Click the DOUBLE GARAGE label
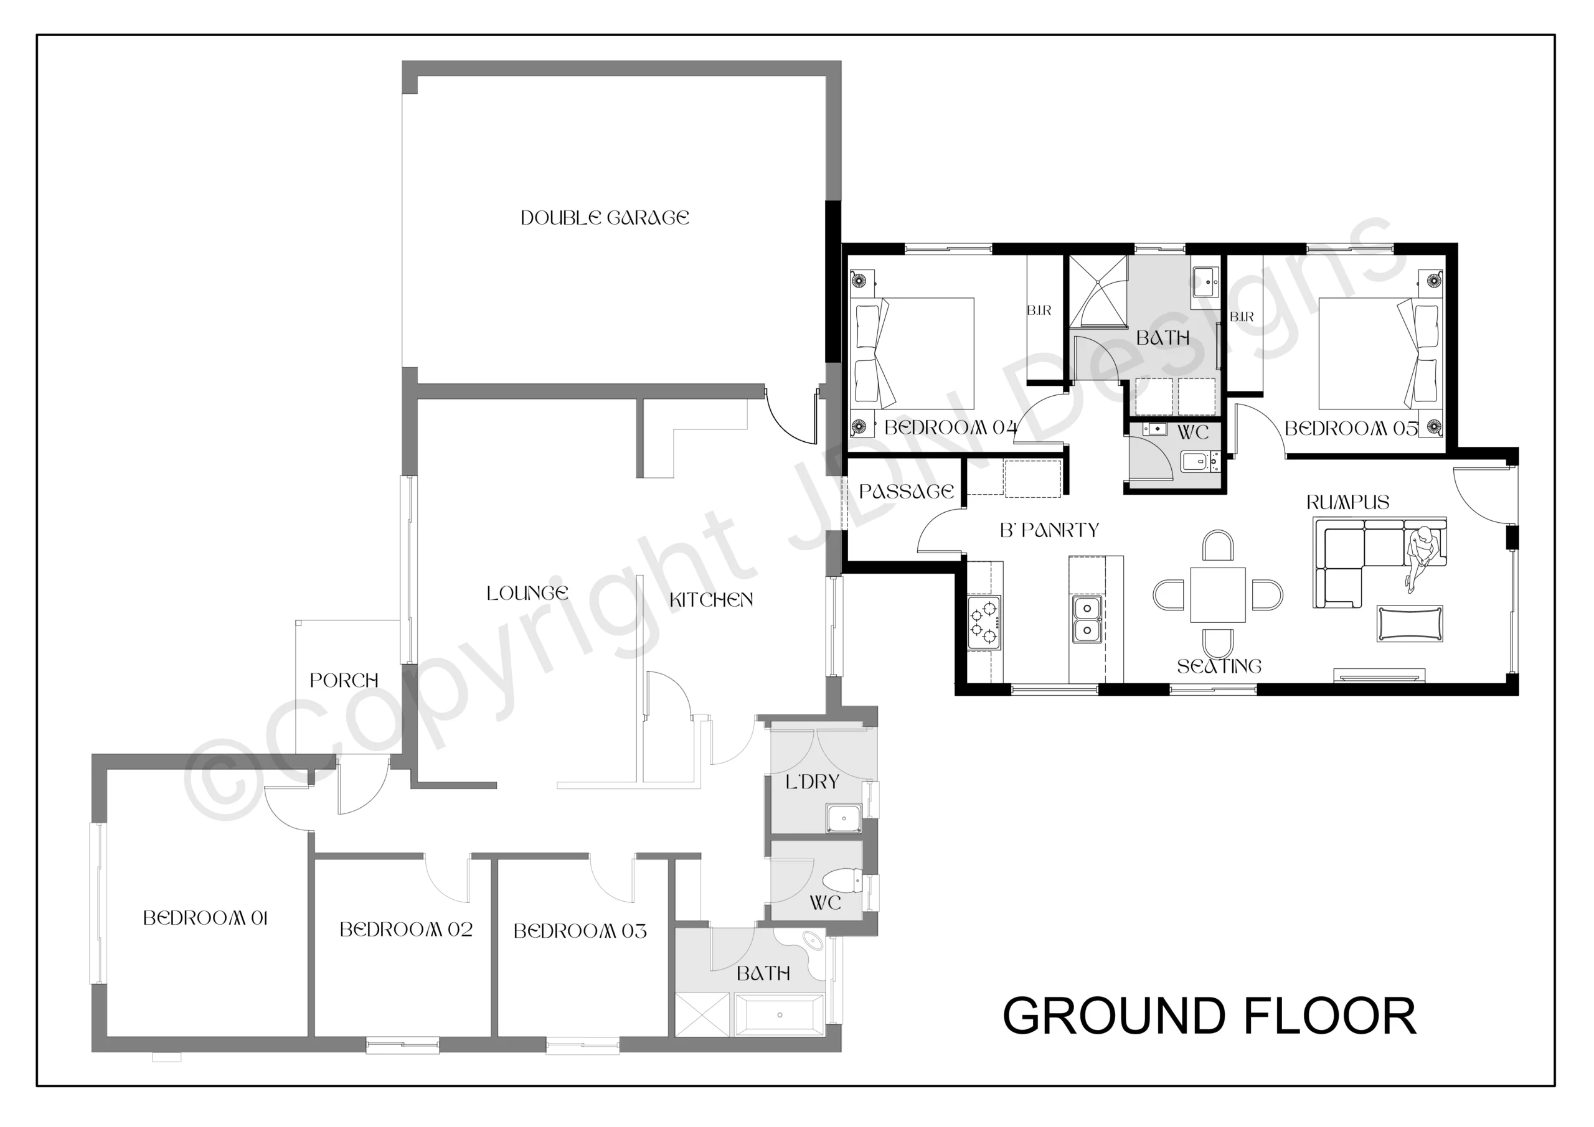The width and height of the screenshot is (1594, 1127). [605, 218]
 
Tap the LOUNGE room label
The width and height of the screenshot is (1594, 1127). [527, 593]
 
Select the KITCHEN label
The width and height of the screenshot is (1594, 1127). [711, 599]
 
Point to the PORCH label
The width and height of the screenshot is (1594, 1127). [344, 680]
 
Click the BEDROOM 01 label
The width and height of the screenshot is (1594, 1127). [205, 918]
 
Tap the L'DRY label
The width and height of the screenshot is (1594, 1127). [813, 782]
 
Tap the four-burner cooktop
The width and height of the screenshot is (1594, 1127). [984, 622]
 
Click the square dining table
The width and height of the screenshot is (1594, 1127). [1218, 595]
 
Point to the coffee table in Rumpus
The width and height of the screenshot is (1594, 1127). [1410, 622]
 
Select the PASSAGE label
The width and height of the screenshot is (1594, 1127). [906, 492]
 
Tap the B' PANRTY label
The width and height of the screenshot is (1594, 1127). [1049, 530]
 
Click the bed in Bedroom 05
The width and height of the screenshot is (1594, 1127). [1378, 353]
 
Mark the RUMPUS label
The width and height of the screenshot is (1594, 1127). [1347, 502]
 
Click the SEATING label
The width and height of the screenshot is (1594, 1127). [1219, 666]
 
